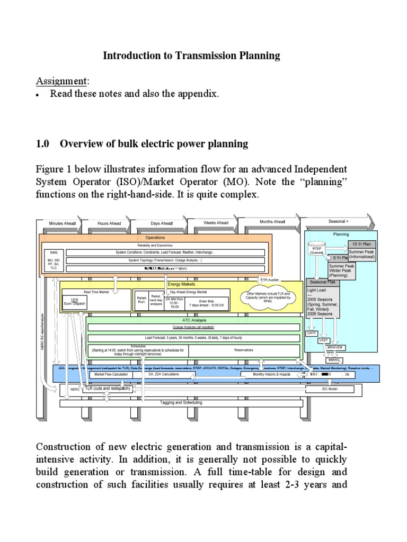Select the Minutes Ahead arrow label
[x=63, y=223]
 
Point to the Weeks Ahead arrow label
[x=216, y=223]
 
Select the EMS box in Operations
[x=53, y=252]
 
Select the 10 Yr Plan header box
[x=361, y=244]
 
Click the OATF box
[x=312, y=333]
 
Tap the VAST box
[x=323, y=340]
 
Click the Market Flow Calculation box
[x=111, y=374]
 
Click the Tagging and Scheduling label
[x=182, y=403]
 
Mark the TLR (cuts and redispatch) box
[x=108, y=389]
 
